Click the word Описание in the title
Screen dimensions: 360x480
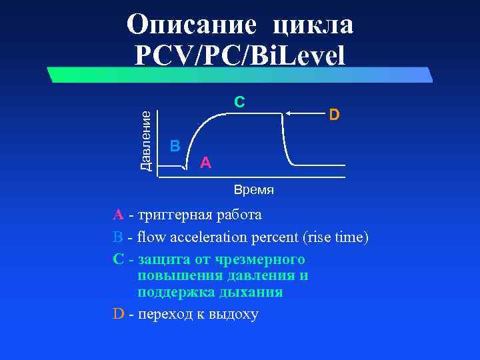(x=191, y=25)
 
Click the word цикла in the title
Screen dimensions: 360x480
(x=313, y=25)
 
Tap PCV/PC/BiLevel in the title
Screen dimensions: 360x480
(x=240, y=55)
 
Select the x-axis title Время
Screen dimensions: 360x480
(x=253, y=190)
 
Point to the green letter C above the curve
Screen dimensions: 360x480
(x=239, y=102)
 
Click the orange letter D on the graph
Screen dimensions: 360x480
(x=334, y=115)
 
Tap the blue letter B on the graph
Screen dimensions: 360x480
(x=175, y=145)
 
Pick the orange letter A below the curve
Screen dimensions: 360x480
(x=206, y=162)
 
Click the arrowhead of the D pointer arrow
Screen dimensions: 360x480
(x=287, y=114)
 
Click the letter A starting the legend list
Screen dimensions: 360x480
(x=118, y=215)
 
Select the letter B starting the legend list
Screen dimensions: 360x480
(x=118, y=237)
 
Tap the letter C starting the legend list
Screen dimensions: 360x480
(x=119, y=259)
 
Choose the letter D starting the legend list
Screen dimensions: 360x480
(x=119, y=314)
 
